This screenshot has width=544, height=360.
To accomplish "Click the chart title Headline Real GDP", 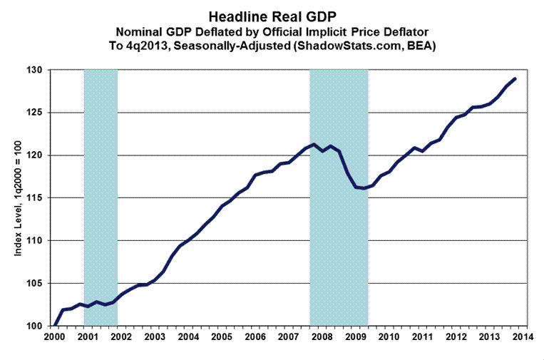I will (x=271, y=15).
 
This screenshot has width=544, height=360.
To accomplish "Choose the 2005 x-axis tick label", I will (x=220, y=336).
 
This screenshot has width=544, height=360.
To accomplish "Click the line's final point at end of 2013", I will (x=515, y=79).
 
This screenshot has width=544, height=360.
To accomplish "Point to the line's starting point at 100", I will (x=56, y=326).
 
